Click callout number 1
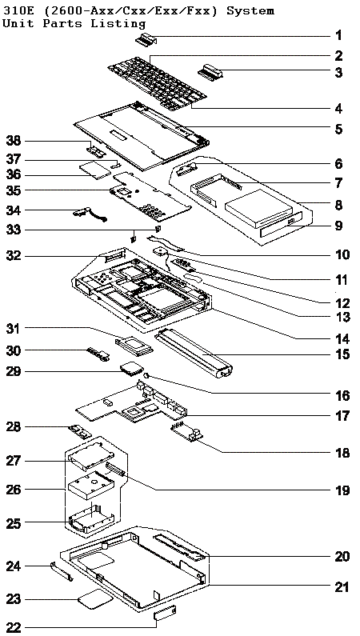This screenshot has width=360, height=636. coord(338,36)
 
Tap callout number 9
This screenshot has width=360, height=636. coord(339,225)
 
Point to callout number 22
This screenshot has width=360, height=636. coord(14,627)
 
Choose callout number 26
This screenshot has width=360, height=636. coord(14,490)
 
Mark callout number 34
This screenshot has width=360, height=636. coord(14,210)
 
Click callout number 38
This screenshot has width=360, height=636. coord(14,141)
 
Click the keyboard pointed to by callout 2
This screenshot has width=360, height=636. coord(158,84)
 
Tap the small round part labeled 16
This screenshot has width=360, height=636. coord(148,376)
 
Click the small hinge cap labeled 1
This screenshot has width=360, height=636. coord(146,40)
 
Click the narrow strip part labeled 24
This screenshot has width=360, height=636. coord(62,570)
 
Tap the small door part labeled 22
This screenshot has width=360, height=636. coord(165,613)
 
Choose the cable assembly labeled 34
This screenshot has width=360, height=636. coord(91,214)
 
